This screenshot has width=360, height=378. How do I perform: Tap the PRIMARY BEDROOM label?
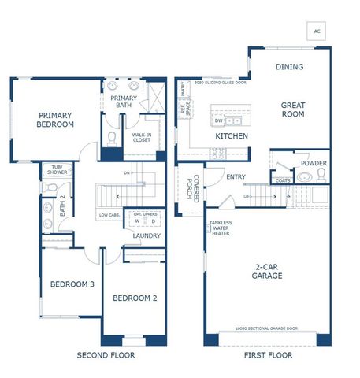coord(56,120)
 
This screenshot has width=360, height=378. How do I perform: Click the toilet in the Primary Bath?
coord(112,140)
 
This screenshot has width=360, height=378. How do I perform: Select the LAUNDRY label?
coord(147,235)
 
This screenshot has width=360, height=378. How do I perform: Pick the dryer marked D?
coord(153,221)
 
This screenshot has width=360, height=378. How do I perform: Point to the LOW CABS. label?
coord(109,215)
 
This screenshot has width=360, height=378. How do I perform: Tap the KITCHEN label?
coord(232,136)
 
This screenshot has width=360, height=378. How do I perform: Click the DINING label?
coord(289,67)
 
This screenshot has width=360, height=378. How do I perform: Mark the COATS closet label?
coord(282,180)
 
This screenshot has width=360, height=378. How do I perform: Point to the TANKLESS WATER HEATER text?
coord(221,228)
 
